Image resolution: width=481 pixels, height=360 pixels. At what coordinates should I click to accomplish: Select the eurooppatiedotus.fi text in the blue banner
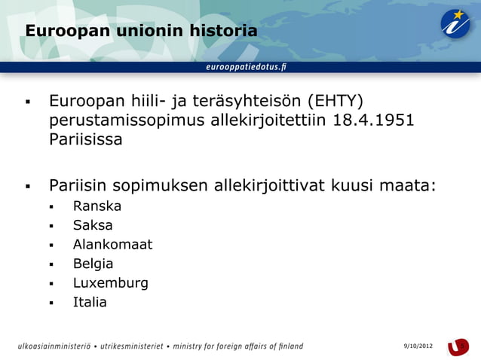tap(246, 66)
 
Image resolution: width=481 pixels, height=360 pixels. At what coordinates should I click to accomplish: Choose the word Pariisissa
tap(85, 140)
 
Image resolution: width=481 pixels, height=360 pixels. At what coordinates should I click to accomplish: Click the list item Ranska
tap(97, 206)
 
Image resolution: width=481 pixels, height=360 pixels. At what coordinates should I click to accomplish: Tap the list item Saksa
tap(93, 225)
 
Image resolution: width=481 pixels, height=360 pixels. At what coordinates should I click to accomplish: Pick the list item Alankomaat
tap(112, 244)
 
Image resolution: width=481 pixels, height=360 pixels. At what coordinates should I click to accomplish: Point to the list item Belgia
tap(93, 264)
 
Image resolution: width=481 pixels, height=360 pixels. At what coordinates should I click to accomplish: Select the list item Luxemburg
tap(110, 283)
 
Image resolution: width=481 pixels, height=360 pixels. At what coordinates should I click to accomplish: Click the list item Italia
tap(90, 302)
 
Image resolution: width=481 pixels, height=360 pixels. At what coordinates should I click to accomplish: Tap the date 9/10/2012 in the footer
tap(418, 346)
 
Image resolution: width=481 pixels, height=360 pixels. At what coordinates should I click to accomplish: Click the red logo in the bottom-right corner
tap(458, 346)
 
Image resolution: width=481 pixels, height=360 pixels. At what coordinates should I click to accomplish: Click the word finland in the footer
tap(287, 346)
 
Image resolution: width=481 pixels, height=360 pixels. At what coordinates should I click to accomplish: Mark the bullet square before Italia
tap(51, 304)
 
